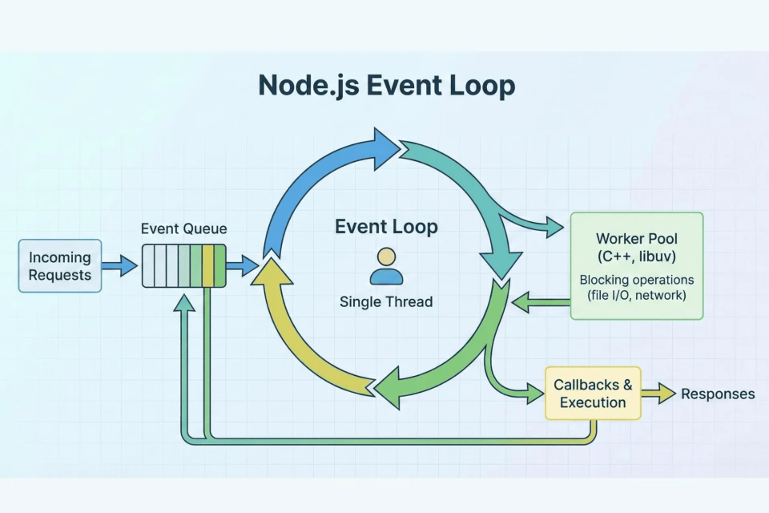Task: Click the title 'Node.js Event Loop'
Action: (385, 85)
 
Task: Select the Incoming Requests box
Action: (60, 266)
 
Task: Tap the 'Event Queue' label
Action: (183, 229)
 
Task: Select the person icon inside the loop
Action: (386, 267)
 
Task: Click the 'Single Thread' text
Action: (386, 302)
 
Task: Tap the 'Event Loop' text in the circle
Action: (386, 228)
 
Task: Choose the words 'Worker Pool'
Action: (636, 239)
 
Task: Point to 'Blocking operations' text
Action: (636, 281)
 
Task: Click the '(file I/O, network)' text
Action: (636, 296)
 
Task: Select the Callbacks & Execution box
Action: (593, 394)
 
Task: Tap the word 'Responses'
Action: (718, 394)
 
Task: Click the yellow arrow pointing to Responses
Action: (659, 394)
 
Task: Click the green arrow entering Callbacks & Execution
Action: (521, 392)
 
